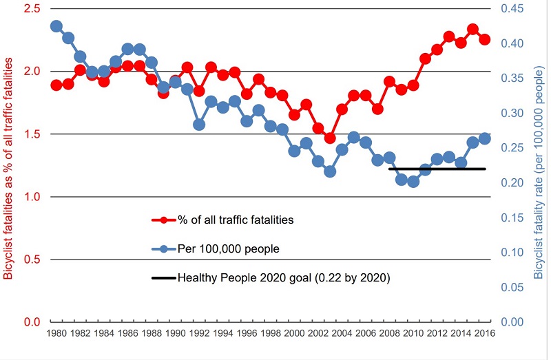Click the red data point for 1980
click(x=56, y=85)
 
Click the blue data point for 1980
click(x=56, y=26)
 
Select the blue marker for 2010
click(x=413, y=182)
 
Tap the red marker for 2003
click(x=330, y=138)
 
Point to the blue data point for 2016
click(x=484, y=138)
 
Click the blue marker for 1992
click(x=199, y=125)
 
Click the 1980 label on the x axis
click(x=56, y=334)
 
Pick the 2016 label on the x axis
click(x=484, y=334)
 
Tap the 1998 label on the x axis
click(x=271, y=334)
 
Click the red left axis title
click(x=9, y=169)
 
